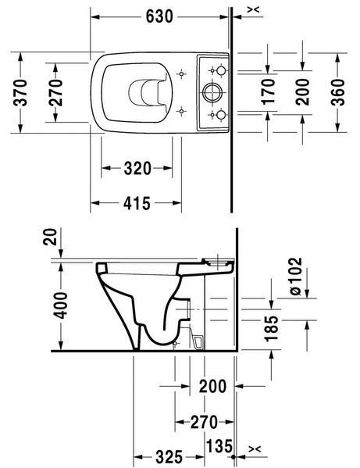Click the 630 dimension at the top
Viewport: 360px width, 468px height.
pyautogui.click(x=159, y=16)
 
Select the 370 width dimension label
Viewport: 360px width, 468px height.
pyautogui.click(x=21, y=92)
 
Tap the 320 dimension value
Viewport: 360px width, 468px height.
pyautogui.click(x=137, y=168)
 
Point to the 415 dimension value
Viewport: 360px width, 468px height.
pyautogui.click(x=137, y=204)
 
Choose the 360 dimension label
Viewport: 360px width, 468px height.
pyautogui.click(x=338, y=92)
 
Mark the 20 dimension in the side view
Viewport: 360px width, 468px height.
pyautogui.click(x=50, y=237)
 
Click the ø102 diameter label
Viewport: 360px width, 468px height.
pyautogui.click(x=296, y=277)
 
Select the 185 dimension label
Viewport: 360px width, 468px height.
pyautogui.click(x=271, y=328)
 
